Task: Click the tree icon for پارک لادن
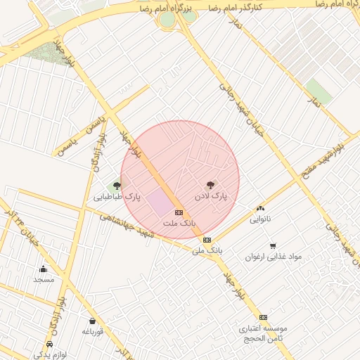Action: tap(209, 185)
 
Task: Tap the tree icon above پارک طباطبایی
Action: tap(117, 186)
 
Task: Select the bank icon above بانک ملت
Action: tap(179, 212)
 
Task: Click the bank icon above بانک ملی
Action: tap(207, 240)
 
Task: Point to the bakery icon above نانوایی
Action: tap(260, 208)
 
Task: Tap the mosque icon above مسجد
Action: tap(44, 269)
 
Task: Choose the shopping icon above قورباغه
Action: tap(93, 321)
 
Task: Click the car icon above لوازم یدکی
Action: tap(49, 345)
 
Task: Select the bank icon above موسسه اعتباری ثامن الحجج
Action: tap(263, 317)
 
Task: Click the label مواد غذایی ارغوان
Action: tap(273, 257)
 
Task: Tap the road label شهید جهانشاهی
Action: tap(127, 225)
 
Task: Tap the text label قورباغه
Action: tap(93, 331)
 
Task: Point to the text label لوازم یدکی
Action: tap(49, 355)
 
